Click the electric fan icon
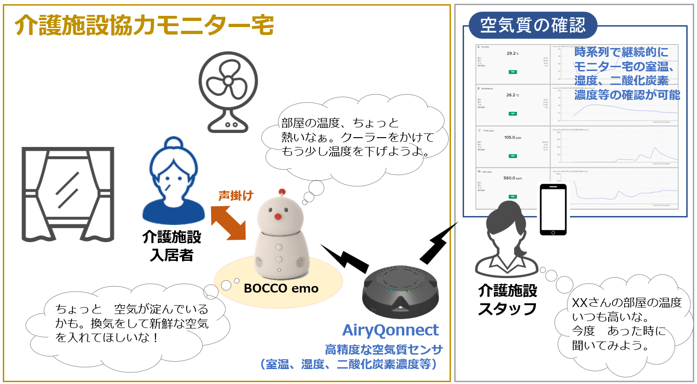tap(228, 91)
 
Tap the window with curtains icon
tap(68, 194)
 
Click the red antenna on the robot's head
tap(282, 192)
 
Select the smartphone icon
tap(553, 209)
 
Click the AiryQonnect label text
tap(390, 330)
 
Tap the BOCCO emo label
tap(281, 288)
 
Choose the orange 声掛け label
tap(236, 195)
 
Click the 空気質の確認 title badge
tap(533, 25)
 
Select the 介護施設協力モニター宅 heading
tap(144, 25)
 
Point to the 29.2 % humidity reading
tap(512, 53)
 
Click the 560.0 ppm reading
tap(512, 178)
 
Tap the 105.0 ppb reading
tap(512, 138)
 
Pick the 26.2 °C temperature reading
tap(512, 95)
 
